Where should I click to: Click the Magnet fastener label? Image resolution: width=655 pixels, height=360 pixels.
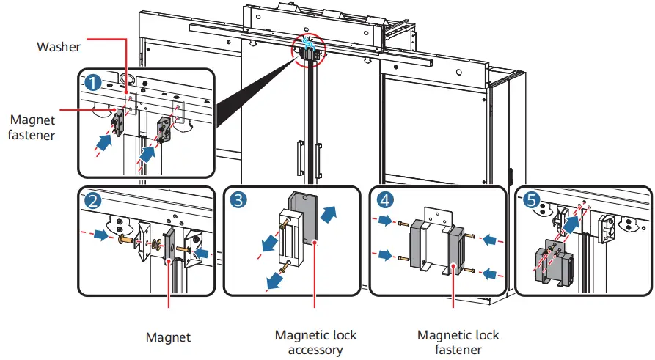point(32,127)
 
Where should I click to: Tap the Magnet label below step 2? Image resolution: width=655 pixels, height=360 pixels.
point(168,337)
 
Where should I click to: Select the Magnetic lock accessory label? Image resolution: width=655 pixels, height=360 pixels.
point(315,342)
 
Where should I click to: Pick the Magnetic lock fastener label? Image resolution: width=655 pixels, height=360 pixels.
point(458,342)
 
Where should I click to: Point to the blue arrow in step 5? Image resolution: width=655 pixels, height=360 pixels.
point(570,224)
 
